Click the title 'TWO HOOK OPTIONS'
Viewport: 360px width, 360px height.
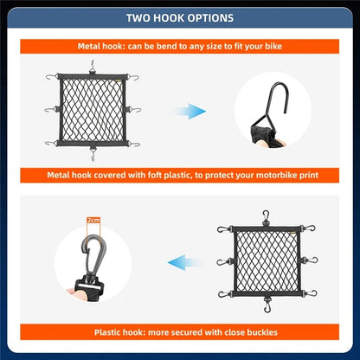pos(180,17)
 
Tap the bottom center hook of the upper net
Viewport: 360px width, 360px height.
pos(93,157)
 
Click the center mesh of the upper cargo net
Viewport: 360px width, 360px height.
pos(93,111)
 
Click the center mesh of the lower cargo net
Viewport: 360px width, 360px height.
pos(267,260)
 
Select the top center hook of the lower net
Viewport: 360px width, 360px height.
pos(267,215)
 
